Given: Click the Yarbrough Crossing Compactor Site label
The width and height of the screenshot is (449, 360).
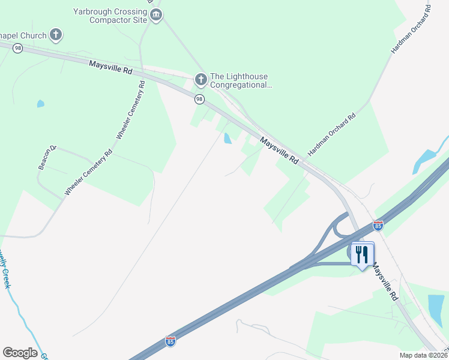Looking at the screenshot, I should click(110, 16).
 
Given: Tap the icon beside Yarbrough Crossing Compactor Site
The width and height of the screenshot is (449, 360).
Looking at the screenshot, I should click(156, 15).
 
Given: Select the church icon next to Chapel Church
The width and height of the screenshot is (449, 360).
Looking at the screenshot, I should click(56, 35).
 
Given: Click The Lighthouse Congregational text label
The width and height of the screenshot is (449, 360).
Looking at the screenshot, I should click(239, 80).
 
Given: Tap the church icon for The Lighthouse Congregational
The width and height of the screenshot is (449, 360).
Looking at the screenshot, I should click(200, 79).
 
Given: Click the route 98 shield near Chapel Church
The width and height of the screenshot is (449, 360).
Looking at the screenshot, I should click(18, 48).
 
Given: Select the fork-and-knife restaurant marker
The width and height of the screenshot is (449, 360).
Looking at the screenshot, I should click(361, 254).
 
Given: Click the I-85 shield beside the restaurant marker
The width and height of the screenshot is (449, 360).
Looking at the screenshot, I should click(378, 226).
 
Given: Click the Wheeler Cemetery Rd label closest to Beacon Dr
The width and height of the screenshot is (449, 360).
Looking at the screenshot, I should click(88, 172).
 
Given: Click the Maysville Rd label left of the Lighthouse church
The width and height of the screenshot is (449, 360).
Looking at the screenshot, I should click(110, 67).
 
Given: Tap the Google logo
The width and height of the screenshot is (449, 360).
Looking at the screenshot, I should click(20, 353).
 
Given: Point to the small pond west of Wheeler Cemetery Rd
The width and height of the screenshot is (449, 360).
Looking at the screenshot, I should click(40, 104).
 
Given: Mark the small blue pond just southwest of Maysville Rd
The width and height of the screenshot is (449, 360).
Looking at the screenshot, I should click(228, 139).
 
